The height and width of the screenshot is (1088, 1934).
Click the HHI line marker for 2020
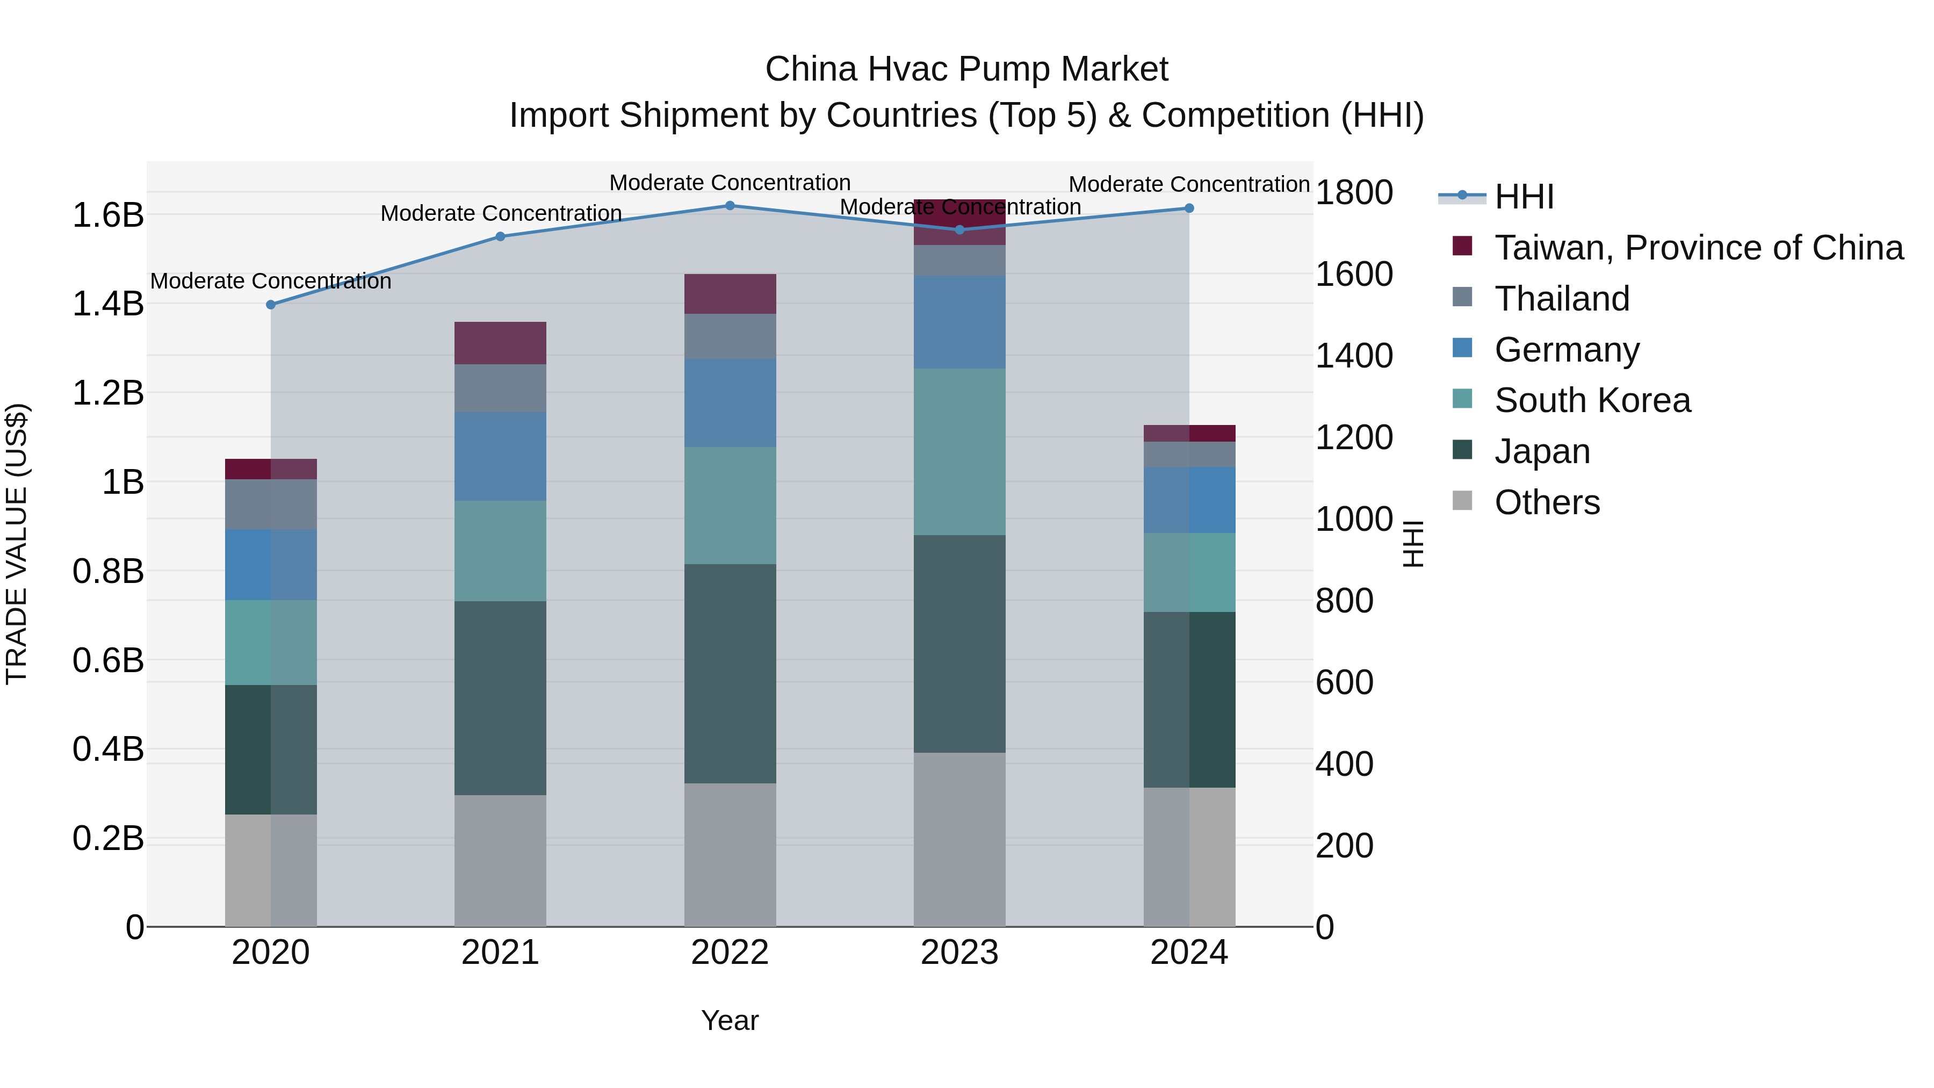[x=271, y=305]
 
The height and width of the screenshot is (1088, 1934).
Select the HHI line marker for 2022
[x=730, y=206]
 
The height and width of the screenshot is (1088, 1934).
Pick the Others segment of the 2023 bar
[x=959, y=839]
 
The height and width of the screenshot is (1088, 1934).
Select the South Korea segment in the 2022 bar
[x=730, y=506]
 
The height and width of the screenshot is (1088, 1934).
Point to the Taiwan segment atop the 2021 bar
[x=500, y=343]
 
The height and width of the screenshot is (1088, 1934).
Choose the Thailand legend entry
[x=1562, y=299]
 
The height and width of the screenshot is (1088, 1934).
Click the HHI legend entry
[x=1524, y=197]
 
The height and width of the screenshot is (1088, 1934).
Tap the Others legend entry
[x=1547, y=502]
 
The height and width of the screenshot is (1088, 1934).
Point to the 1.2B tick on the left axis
[x=108, y=393]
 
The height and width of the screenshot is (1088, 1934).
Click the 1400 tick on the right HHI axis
[x=1354, y=356]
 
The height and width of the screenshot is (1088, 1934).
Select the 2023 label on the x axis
[x=959, y=953]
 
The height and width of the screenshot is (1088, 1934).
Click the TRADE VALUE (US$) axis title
[x=17, y=544]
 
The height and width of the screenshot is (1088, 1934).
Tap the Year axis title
[x=730, y=1020]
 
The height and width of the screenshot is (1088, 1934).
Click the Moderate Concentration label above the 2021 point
[x=501, y=213]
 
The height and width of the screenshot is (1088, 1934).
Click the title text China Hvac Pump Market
[x=966, y=69]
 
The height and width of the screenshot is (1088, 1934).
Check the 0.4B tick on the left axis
[x=108, y=750]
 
